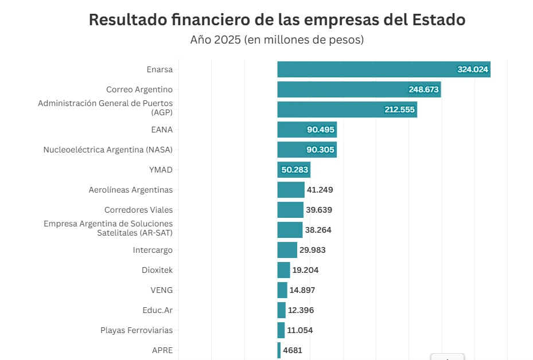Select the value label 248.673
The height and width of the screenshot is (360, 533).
tap(423, 89)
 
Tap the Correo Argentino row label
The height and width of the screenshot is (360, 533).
tap(139, 89)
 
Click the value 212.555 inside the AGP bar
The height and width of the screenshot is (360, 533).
tap(399, 109)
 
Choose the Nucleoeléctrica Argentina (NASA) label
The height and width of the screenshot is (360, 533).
tap(108, 150)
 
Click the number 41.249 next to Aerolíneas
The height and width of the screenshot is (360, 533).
tap(320, 190)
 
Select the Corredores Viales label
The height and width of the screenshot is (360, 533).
tap(138, 210)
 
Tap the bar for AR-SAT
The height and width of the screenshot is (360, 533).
tap(290, 230)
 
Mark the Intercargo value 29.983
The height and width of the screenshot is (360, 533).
tap(312, 250)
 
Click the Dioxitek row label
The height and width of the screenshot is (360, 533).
tap(157, 270)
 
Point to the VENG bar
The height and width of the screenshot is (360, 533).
tap(282, 290)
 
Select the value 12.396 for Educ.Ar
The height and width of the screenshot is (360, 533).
tap(301, 310)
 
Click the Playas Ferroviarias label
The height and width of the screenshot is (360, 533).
tap(136, 330)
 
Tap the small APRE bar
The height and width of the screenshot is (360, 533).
tap(279, 350)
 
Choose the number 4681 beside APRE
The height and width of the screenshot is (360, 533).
tap(292, 350)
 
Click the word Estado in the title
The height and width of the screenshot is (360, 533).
tap(438, 19)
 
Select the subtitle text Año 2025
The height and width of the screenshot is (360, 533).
tap(215, 40)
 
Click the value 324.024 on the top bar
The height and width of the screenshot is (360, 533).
tap(472, 69)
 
